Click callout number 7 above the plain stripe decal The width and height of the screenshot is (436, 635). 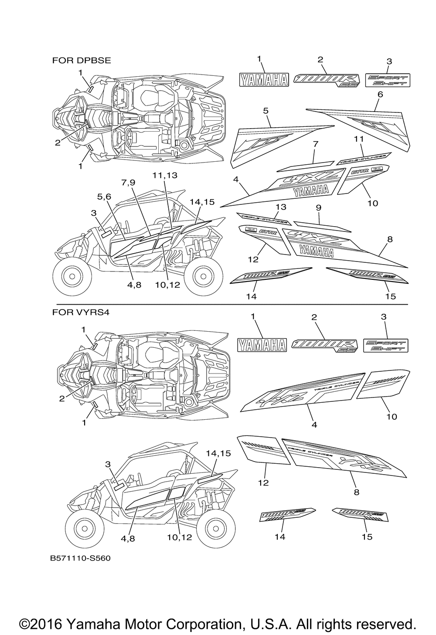coord(316,144)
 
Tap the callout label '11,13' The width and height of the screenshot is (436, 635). coord(166,175)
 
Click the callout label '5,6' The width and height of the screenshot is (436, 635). coord(104,197)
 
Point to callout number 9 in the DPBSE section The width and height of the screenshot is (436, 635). coord(319,208)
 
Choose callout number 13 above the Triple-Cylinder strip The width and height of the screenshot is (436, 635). coord(281,206)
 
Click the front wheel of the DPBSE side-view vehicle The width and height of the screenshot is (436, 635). coord(70,275)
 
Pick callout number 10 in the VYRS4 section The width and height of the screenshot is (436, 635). coord(392,417)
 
